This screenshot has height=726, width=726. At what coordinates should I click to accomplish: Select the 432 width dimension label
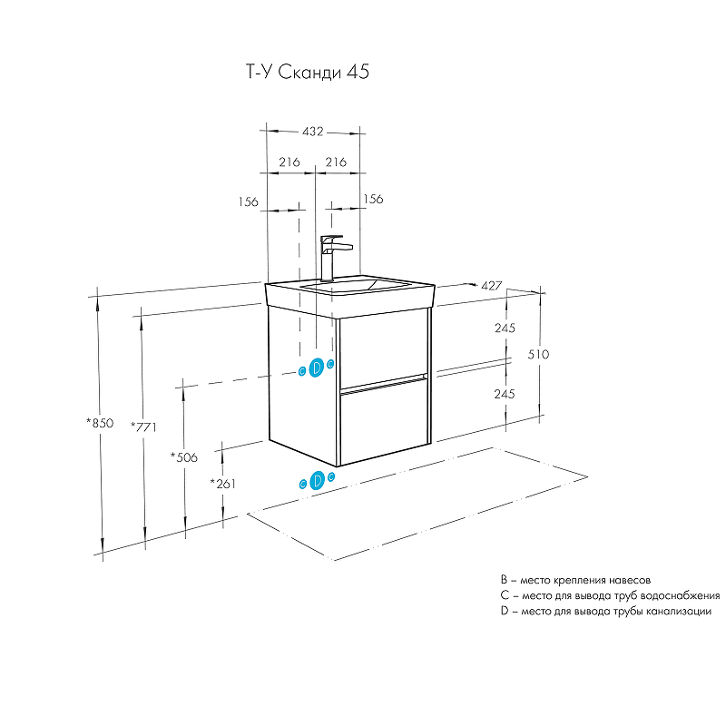[313, 132]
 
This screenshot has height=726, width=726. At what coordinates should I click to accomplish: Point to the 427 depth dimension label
[492, 285]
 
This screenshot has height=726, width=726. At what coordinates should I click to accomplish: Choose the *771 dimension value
[144, 427]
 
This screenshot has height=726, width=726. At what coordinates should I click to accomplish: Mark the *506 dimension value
[184, 457]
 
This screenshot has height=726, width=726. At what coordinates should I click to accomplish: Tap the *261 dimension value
[223, 484]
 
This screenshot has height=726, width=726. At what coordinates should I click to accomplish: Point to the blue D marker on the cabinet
[317, 368]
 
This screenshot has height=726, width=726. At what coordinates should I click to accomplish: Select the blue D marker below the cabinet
[318, 481]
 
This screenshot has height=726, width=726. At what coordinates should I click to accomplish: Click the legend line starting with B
[575, 579]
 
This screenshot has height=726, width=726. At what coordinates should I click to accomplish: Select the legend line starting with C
[610, 595]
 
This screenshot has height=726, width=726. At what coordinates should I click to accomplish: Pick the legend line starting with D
[605, 612]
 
